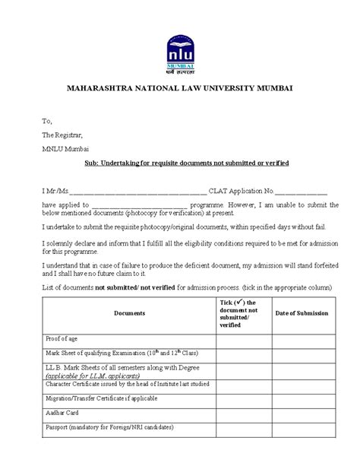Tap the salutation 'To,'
(47, 120)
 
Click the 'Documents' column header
(129, 313)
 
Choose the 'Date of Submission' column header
(301, 313)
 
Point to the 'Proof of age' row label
(63, 338)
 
